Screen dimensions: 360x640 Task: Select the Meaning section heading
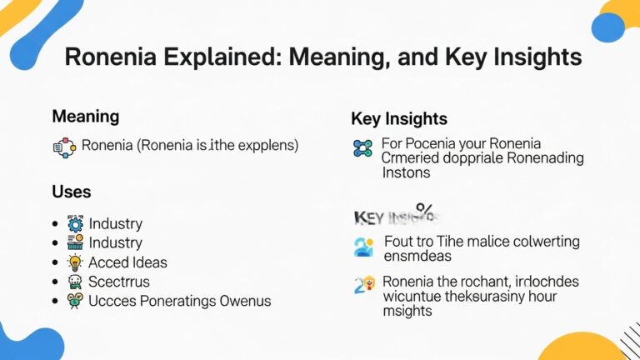[x=85, y=117]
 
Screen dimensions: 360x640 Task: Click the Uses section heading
[x=71, y=192]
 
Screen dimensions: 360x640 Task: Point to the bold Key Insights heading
[x=398, y=119]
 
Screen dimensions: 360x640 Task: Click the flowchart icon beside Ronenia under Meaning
[x=63, y=147]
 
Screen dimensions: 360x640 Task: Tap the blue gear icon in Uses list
[x=75, y=223]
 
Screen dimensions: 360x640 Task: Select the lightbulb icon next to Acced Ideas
[x=75, y=262]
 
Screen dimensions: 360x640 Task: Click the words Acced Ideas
[x=127, y=262]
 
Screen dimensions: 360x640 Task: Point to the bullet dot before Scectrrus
[x=54, y=282]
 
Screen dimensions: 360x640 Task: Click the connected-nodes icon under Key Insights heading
[x=362, y=149]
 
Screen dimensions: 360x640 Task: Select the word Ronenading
[x=538, y=157]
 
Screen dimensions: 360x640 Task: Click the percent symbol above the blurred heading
[x=424, y=207]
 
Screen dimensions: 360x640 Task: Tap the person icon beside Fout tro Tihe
[x=363, y=247]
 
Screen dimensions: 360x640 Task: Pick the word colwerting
[x=533, y=242]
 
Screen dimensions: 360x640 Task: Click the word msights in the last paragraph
[x=407, y=311]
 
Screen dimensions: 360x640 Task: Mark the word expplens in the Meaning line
[x=260, y=146]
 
